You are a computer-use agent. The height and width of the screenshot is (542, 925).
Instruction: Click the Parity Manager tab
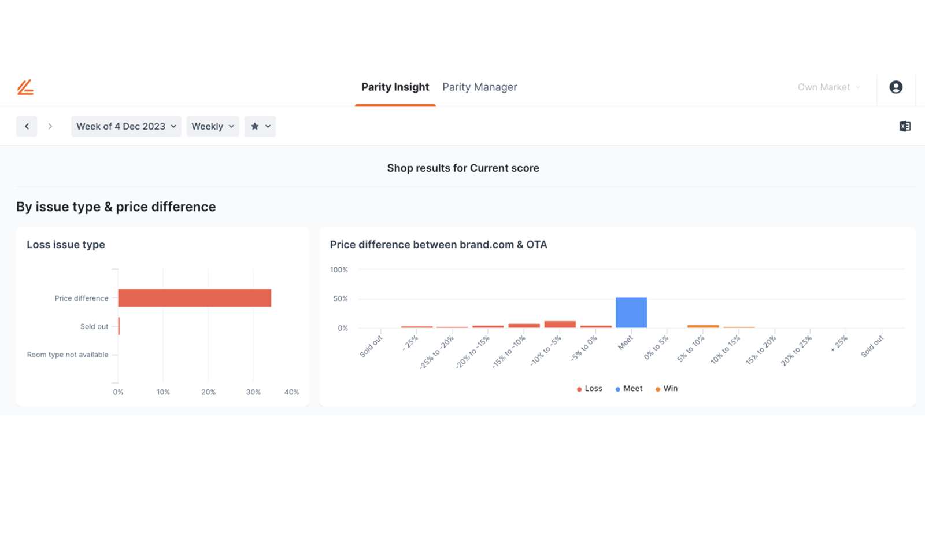click(x=479, y=87)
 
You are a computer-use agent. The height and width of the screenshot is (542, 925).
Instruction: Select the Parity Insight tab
click(x=395, y=87)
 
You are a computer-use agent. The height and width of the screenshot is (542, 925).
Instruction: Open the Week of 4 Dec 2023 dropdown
click(x=126, y=127)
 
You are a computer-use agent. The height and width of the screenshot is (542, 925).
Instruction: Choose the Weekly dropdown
click(x=213, y=127)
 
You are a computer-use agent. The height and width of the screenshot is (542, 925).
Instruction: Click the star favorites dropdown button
click(x=260, y=127)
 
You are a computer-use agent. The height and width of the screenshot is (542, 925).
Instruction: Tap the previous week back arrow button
click(x=27, y=127)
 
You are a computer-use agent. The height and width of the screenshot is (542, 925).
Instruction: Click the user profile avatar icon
click(x=896, y=87)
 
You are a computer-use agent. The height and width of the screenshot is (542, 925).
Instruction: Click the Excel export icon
click(x=905, y=127)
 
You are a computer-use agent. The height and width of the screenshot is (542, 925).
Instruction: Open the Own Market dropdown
click(x=829, y=87)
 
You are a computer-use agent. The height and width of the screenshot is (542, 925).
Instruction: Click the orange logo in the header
click(x=25, y=87)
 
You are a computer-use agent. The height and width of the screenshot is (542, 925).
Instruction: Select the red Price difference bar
click(x=194, y=298)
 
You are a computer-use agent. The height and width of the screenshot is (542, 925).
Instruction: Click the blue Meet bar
click(x=631, y=313)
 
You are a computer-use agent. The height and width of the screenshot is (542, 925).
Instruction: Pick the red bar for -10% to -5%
click(x=560, y=325)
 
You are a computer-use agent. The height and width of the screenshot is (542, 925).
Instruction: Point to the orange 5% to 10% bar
click(x=703, y=326)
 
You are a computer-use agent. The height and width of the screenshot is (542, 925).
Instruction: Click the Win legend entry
click(x=667, y=389)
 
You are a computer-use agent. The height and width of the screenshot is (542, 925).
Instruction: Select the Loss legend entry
click(x=589, y=389)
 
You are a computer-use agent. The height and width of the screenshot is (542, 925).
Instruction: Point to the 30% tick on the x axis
click(x=253, y=392)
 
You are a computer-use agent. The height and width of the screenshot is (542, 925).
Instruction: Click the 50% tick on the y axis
click(x=341, y=298)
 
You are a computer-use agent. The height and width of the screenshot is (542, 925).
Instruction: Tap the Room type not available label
click(x=68, y=355)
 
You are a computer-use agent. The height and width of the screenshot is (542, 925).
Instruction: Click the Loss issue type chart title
click(x=66, y=245)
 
